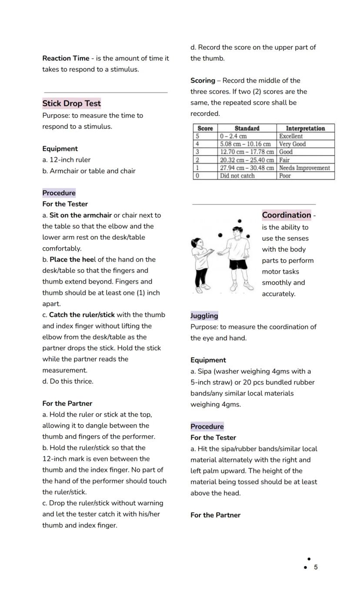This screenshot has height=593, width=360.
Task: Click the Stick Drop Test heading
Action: click(x=71, y=104)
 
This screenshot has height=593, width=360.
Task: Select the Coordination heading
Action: click(x=287, y=215)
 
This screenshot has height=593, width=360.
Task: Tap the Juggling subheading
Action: click(x=204, y=316)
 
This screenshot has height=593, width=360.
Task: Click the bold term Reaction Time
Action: click(x=66, y=58)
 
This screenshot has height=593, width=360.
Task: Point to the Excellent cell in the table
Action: click(x=291, y=136)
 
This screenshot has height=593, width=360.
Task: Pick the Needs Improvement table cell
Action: click(x=304, y=168)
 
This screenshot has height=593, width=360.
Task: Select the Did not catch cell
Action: click(x=237, y=176)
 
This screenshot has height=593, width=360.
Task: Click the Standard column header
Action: click(x=247, y=128)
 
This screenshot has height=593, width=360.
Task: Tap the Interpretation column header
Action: click(x=305, y=128)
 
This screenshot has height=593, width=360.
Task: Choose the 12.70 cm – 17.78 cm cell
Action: click(x=247, y=152)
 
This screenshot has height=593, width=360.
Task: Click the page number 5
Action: click(x=316, y=567)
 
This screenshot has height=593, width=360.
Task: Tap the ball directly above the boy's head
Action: click(x=239, y=221)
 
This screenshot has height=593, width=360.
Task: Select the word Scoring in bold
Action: click(x=203, y=80)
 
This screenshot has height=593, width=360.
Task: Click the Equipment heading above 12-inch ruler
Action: click(x=60, y=149)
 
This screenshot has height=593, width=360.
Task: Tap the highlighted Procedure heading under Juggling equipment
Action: click(x=207, y=426)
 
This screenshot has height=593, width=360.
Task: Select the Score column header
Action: click(x=205, y=128)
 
